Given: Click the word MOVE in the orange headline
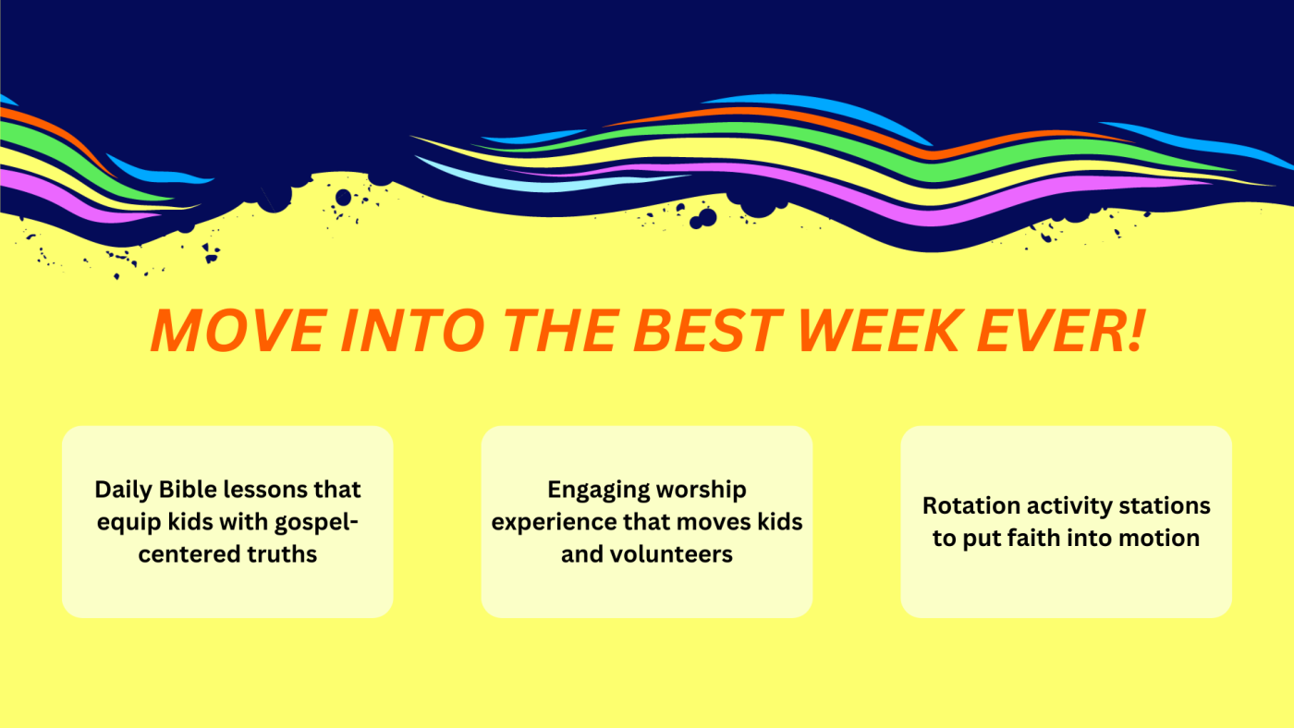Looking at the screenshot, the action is tap(239, 330).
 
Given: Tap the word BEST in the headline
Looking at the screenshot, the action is tap(708, 330).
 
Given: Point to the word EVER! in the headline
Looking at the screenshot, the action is tap(1061, 330).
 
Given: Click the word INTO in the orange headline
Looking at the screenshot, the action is tap(413, 330).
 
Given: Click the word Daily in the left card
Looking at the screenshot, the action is tap(123, 491).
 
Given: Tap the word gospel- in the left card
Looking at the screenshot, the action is tap(316, 523).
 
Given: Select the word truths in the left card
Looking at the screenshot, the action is tap(282, 554).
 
